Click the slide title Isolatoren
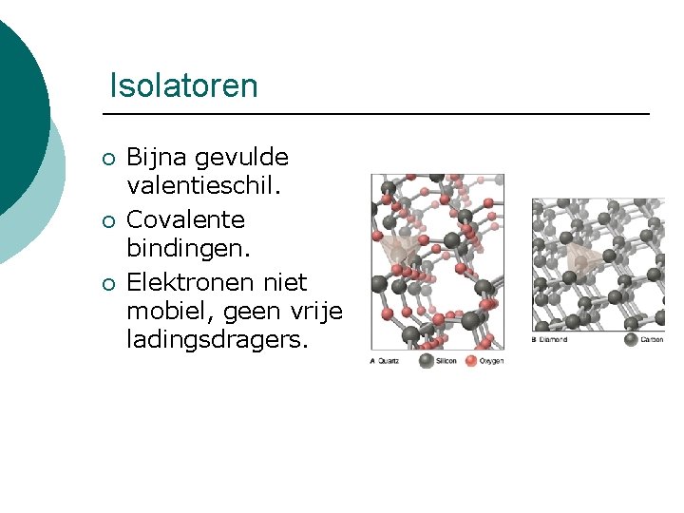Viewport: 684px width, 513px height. (183, 85)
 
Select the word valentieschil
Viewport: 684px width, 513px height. (204, 187)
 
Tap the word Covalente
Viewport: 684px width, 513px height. (185, 219)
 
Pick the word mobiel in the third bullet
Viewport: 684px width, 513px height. (165, 311)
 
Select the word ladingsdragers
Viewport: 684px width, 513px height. (218, 339)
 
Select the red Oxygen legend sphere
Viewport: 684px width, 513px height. (471, 360)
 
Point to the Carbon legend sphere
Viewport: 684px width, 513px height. (631, 338)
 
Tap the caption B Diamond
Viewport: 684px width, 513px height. (550, 339)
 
